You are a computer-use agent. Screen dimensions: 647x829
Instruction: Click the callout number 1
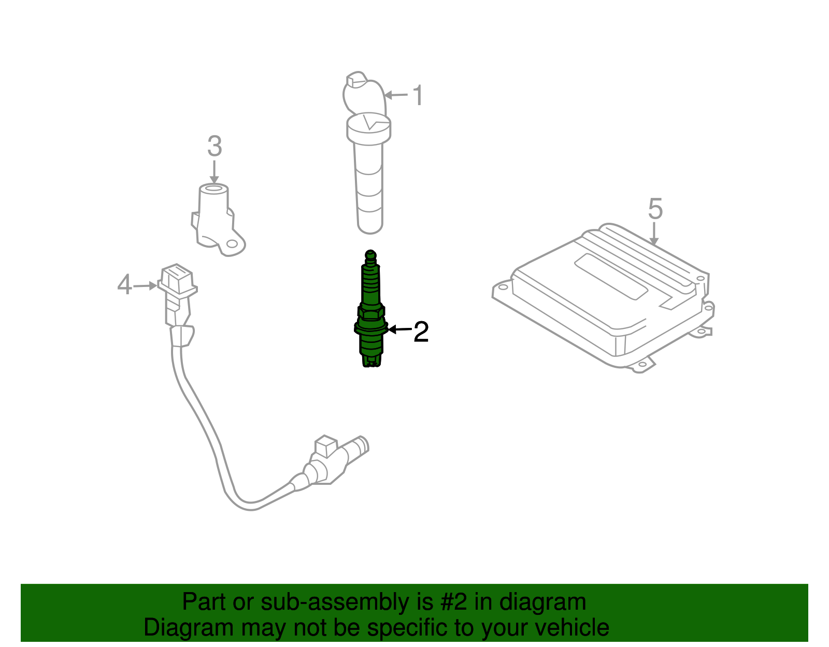pyautogui.click(x=418, y=96)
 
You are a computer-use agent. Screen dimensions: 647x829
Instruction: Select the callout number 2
pyautogui.click(x=421, y=332)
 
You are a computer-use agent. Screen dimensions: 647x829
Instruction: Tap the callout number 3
pyautogui.click(x=215, y=146)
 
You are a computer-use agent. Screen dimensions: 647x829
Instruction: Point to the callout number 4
pyautogui.click(x=124, y=285)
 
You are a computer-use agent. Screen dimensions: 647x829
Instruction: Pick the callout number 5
pyautogui.click(x=655, y=209)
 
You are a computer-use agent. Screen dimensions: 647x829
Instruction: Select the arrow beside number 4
pyautogui.click(x=145, y=285)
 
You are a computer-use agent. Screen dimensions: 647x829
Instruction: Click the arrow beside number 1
pyautogui.click(x=396, y=95)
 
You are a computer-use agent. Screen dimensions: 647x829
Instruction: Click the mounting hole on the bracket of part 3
pyautogui.click(x=233, y=243)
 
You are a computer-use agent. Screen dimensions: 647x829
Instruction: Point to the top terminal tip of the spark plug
pyautogui.click(x=370, y=254)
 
